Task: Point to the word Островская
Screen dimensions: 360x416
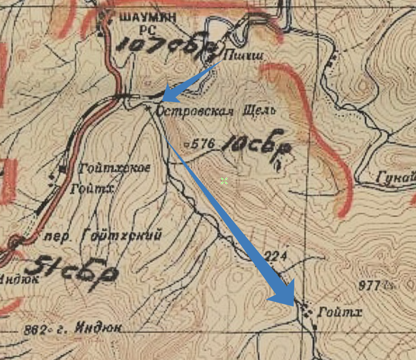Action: (x=195, y=111)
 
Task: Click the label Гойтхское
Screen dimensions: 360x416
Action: (x=114, y=169)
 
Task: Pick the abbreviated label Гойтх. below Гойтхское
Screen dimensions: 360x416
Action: (x=93, y=189)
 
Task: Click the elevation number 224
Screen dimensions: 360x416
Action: (x=276, y=257)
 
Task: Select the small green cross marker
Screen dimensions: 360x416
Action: (x=224, y=181)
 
